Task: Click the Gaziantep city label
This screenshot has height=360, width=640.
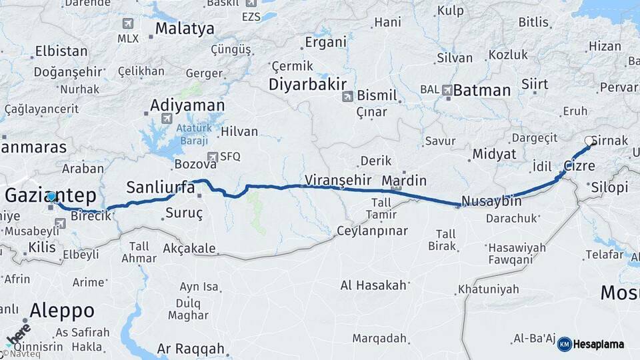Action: tap(50, 196)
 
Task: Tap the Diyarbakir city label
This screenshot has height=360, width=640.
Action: tap(307, 85)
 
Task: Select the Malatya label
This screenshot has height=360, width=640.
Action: tap(185, 29)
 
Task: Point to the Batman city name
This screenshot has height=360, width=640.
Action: tap(482, 90)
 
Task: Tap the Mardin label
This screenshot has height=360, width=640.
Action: tap(404, 180)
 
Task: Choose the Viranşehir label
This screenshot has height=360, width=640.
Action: tap(337, 179)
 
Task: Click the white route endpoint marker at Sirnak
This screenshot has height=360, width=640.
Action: tap(589, 141)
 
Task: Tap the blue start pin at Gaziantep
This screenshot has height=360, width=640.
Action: tap(51, 197)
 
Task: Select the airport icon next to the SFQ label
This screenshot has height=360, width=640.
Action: tap(213, 157)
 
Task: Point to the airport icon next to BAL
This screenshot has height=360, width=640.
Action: tap(447, 89)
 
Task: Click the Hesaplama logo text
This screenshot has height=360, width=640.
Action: tap(599, 344)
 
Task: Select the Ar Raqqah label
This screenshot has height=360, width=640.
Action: tap(191, 349)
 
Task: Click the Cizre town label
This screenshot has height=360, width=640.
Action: tap(579, 165)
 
